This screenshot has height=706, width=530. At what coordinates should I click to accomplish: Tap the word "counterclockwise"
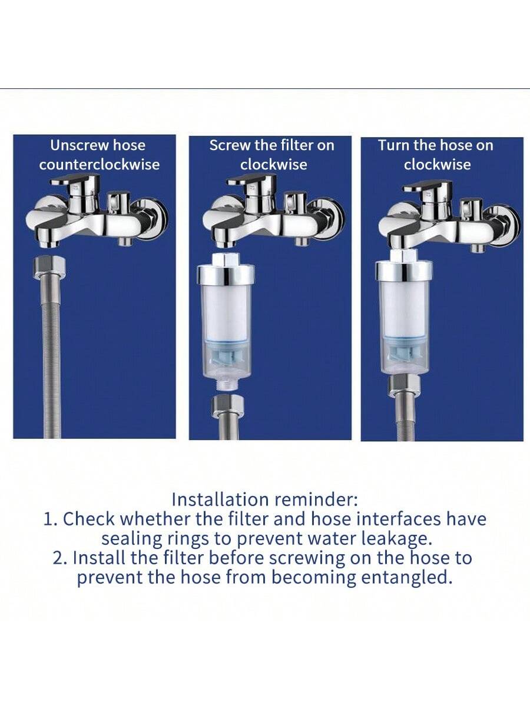(x=100, y=165)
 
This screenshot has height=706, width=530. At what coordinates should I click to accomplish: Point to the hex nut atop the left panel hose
(x=49, y=267)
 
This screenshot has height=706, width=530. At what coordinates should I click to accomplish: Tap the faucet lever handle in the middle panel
(x=252, y=180)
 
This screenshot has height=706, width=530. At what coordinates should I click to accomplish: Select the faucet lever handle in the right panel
(x=429, y=186)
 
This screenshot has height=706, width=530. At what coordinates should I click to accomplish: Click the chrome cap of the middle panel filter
(x=226, y=275)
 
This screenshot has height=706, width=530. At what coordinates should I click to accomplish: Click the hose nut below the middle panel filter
(x=228, y=406)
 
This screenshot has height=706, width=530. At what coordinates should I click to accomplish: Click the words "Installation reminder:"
(x=264, y=500)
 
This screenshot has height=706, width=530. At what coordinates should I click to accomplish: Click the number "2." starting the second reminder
(x=61, y=558)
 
